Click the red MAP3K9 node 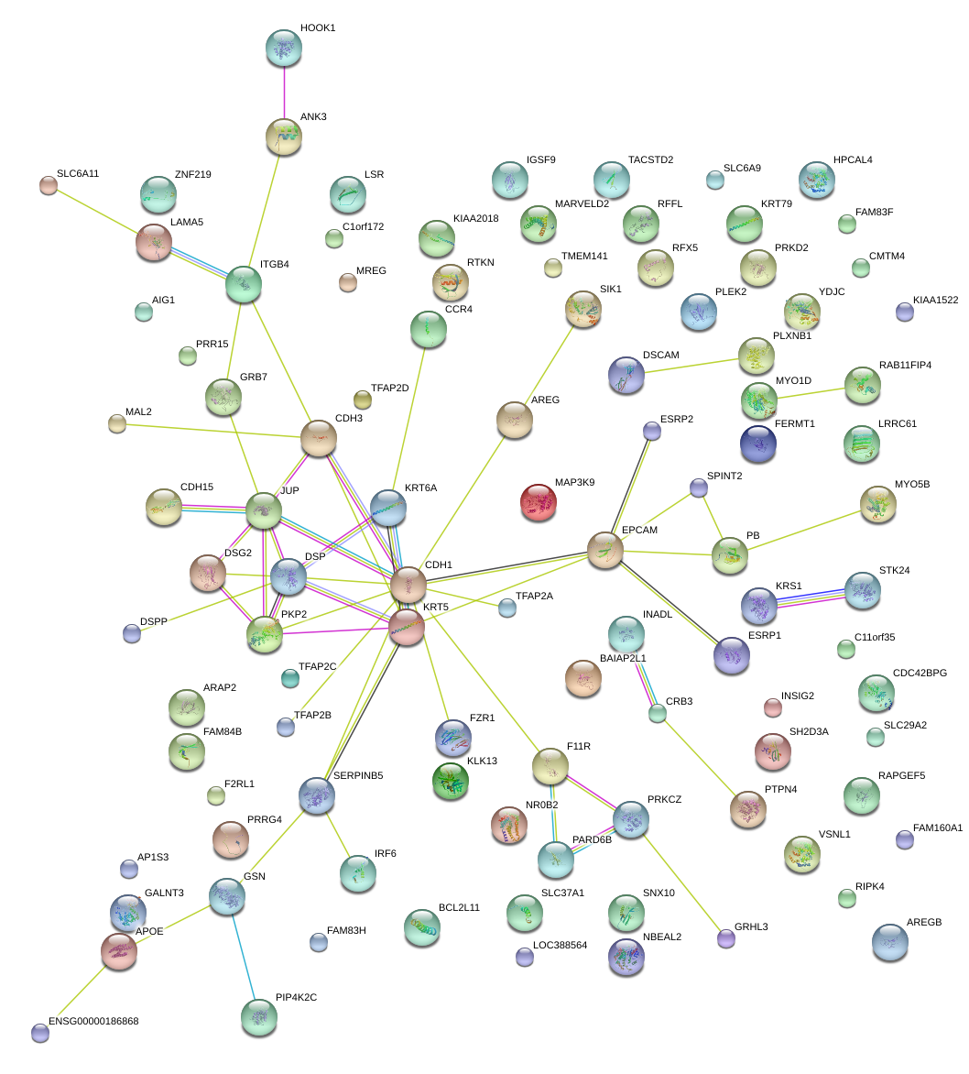(x=539, y=502)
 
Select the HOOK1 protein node (x=283, y=48)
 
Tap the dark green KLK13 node (x=450, y=780)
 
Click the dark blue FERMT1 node (x=757, y=444)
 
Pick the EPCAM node (x=604, y=549)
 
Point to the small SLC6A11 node (x=48, y=185)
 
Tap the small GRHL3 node (x=725, y=937)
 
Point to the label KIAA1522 (x=935, y=301)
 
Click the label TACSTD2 (x=650, y=159)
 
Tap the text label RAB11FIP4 (x=905, y=365)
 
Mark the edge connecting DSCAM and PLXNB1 (x=691, y=364)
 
